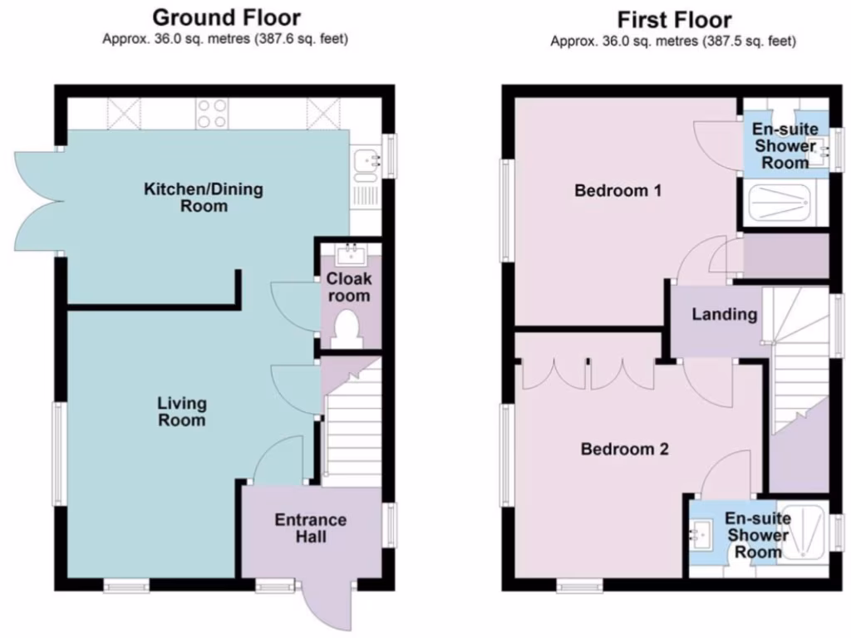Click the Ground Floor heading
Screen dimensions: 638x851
tap(227, 17)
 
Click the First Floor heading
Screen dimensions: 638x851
tap(673, 19)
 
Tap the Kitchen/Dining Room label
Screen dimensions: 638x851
tap(204, 197)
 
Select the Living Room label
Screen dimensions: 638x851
tap(182, 412)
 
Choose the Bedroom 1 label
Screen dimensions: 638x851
tap(618, 191)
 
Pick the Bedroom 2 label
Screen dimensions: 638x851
tap(624, 449)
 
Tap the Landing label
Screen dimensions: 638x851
tap(725, 314)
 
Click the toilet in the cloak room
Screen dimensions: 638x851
tap(345, 329)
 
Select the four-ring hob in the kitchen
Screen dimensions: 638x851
tap(213, 113)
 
